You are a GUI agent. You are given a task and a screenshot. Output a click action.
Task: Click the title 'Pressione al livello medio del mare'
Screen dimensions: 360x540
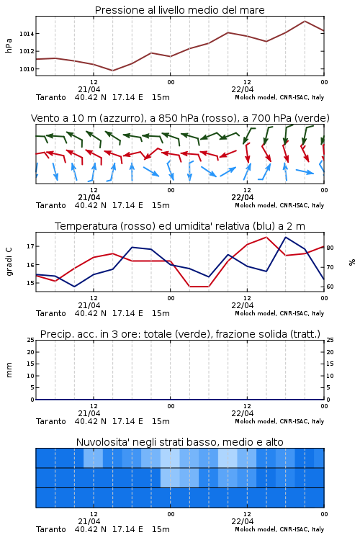click(179, 10)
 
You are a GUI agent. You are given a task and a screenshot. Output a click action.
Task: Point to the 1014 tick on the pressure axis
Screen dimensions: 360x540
click(27, 34)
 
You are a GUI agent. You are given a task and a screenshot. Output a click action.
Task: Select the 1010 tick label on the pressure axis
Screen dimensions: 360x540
click(27, 69)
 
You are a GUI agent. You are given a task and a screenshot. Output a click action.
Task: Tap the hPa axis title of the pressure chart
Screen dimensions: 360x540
click(9, 45)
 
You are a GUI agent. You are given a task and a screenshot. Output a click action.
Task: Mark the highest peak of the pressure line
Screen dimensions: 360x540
click(305, 21)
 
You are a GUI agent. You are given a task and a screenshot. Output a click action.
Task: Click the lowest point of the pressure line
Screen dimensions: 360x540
click(112, 71)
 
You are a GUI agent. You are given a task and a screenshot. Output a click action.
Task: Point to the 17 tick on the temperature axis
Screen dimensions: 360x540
click(30, 246)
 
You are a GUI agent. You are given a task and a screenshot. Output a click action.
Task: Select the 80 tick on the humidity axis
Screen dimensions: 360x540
click(330, 248)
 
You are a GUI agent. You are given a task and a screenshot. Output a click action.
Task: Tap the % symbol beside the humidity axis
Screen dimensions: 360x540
click(352, 262)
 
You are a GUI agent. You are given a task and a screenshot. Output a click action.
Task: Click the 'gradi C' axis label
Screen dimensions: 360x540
click(9, 262)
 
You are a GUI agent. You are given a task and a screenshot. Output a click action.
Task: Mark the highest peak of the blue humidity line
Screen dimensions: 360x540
click(285, 237)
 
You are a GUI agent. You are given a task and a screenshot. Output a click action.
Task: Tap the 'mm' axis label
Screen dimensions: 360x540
click(9, 370)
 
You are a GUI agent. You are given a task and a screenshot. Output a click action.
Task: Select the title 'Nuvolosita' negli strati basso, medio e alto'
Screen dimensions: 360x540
click(179, 442)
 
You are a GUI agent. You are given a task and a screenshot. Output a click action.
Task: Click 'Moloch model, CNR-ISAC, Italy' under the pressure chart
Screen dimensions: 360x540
click(279, 97)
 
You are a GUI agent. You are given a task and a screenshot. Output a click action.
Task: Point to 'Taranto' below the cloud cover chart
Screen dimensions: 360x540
click(51, 529)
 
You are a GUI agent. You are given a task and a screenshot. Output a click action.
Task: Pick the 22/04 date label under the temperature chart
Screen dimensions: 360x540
click(243, 305)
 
